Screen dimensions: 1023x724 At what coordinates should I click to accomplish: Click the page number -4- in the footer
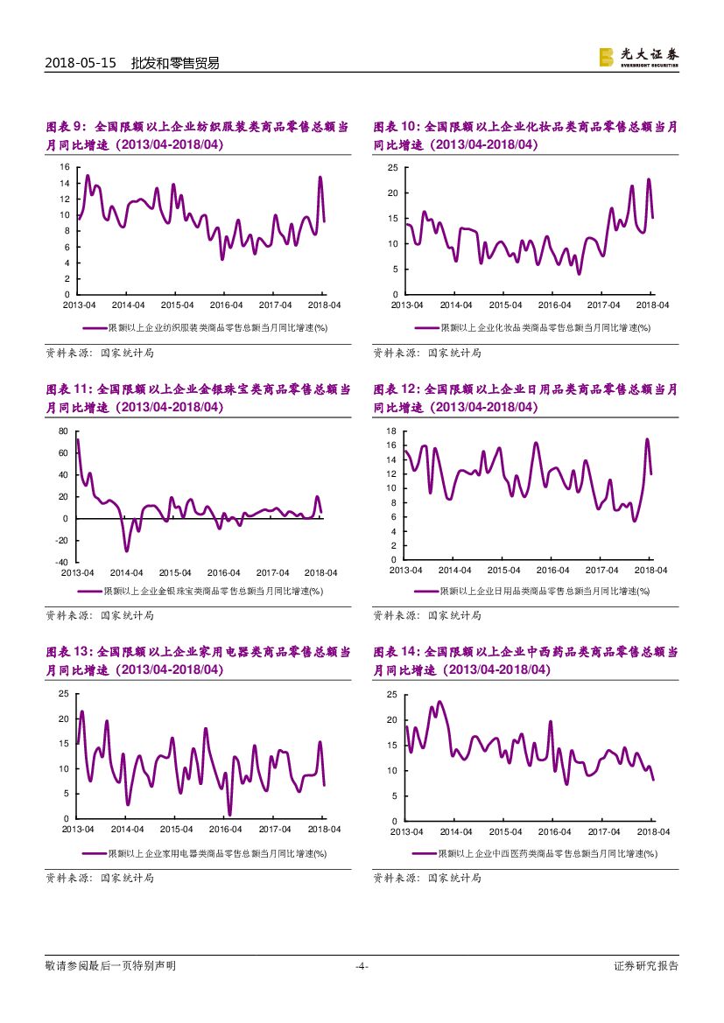[362, 966]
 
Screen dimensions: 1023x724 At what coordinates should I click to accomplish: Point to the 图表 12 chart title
[525, 399]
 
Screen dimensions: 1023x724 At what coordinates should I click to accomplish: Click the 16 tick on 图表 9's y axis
[65, 167]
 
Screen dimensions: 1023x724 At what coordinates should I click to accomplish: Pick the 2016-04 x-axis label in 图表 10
[554, 305]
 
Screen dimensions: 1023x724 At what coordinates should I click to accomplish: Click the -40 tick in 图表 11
[61, 563]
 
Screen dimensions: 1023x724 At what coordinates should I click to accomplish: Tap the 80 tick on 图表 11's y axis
[63, 431]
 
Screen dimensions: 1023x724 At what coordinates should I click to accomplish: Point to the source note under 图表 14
[427, 878]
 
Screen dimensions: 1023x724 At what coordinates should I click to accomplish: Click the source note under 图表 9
[99, 353]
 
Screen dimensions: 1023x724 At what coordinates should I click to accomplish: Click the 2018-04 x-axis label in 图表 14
[652, 831]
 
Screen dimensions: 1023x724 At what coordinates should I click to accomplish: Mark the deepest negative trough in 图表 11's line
[126, 550]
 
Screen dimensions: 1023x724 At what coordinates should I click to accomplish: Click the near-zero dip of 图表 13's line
[229, 814]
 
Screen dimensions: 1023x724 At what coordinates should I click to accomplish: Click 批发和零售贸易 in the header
[174, 63]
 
